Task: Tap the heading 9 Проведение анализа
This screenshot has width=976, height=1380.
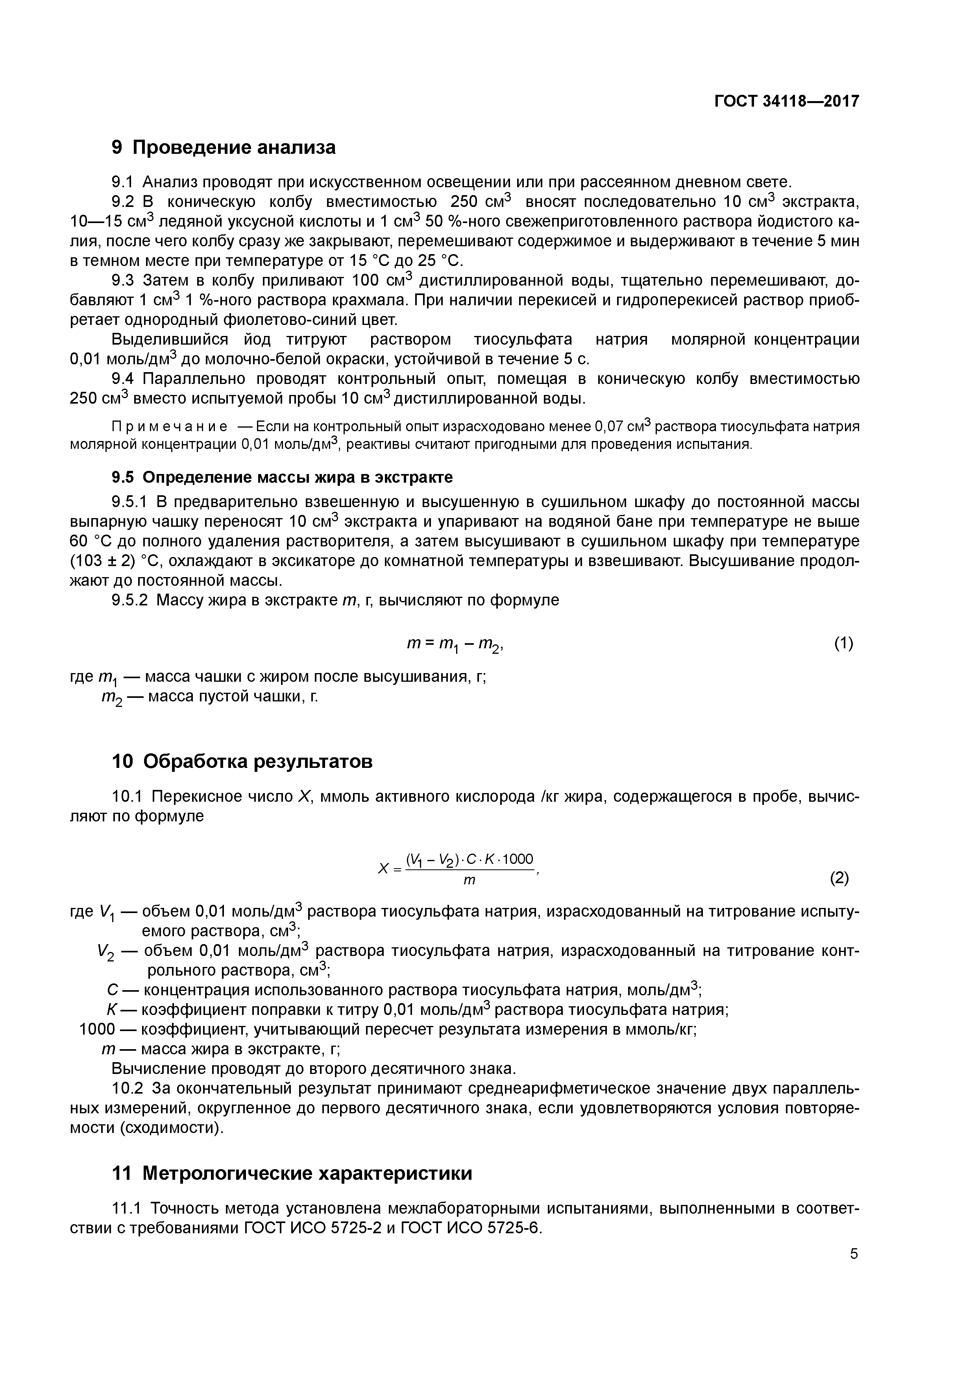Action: pyautogui.click(x=224, y=147)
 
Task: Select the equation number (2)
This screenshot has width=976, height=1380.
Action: pyautogui.click(x=839, y=879)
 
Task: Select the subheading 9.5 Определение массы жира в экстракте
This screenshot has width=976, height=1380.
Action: pyautogui.click(x=282, y=477)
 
